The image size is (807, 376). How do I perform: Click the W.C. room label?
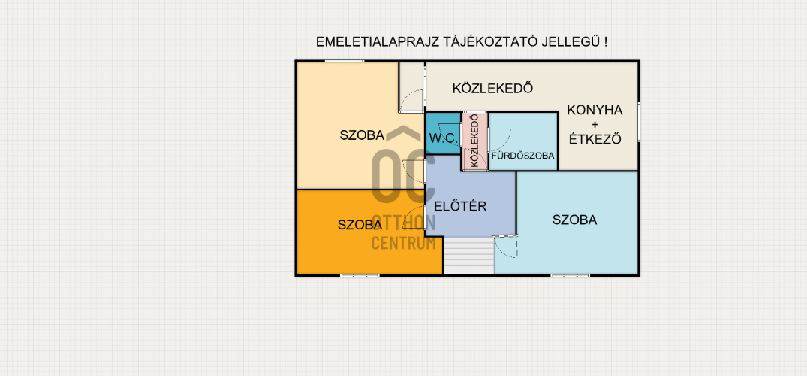(443, 138)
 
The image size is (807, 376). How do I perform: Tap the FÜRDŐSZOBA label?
(522, 156)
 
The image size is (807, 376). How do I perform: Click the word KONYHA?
(595, 109)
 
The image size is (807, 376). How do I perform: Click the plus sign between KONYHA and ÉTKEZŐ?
(595, 124)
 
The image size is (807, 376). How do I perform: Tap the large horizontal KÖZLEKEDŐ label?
(492, 88)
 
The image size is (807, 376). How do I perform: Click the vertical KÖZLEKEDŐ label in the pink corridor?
(474, 141)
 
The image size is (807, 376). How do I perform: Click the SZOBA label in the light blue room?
(574, 220)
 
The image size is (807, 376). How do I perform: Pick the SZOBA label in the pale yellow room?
(362, 135)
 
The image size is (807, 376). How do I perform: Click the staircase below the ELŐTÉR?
(468, 256)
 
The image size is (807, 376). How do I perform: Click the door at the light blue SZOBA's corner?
(505, 246)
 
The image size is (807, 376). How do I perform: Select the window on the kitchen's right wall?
(639, 121)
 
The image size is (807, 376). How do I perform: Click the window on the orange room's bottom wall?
(359, 275)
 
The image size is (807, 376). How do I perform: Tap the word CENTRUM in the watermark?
(404, 242)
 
